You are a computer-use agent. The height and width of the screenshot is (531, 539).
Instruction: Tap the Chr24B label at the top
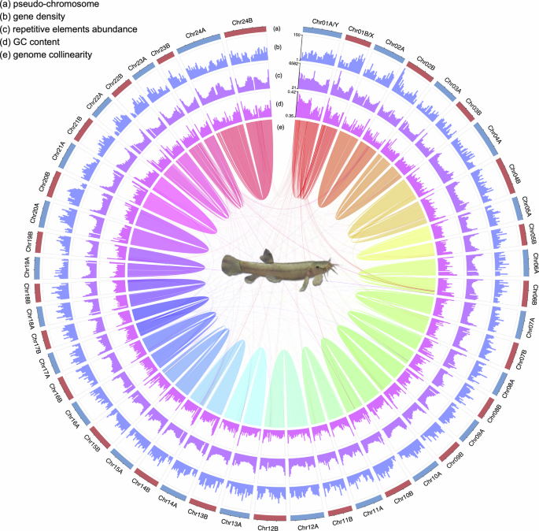click(243, 22)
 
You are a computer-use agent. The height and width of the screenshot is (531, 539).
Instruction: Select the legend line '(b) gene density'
click(39, 17)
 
